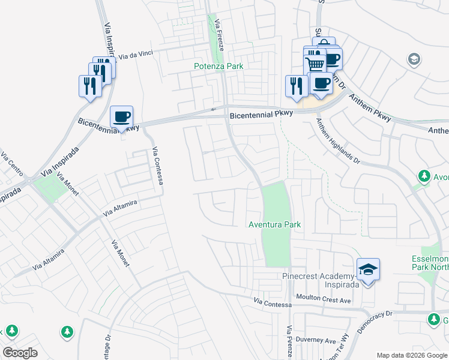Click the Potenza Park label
coord(219,66)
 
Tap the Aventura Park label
coord(274,224)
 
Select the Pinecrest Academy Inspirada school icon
coord(368,271)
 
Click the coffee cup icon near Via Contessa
coord(122,116)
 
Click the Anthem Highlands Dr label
coord(338,142)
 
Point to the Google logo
coord(20,352)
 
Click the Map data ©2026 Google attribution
coord(411,355)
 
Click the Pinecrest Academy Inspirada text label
coord(321,280)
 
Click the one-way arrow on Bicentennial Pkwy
coord(213,109)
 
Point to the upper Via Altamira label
coord(120,208)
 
